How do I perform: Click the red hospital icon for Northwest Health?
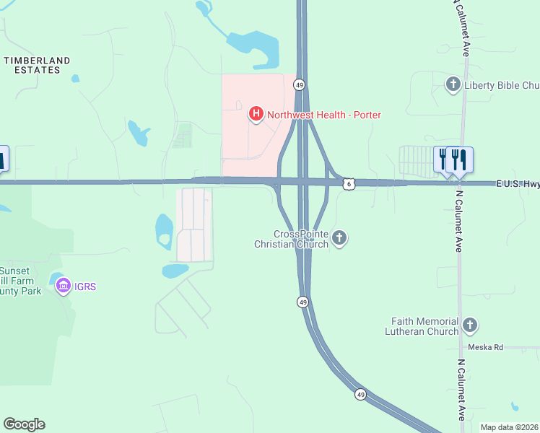pyautogui.click(x=255, y=114)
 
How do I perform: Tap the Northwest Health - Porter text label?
pyautogui.click(x=324, y=115)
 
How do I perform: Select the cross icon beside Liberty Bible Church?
pyautogui.click(x=453, y=85)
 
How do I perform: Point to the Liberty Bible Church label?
pyautogui.click(x=501, y=85)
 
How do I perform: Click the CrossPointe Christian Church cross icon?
pyautogui.click(x=339, y=238)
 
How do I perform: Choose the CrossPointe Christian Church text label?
pyautogui.click(x=292, y=240)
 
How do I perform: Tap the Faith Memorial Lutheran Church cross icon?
pyautogui.click(x=470, y=325)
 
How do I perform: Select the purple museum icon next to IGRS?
pyautogui.click(x=64, y=287)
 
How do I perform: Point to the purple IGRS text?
pyautogui.click(x=85, y=287)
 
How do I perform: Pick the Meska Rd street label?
pyautogui.click(x=485, y=347)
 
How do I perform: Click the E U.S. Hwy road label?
pyautogui.click(x=517, y=184)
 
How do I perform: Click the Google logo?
pyautogui.click(x=24, y=424)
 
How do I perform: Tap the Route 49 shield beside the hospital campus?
pyautogui.click(x=299, y=85)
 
